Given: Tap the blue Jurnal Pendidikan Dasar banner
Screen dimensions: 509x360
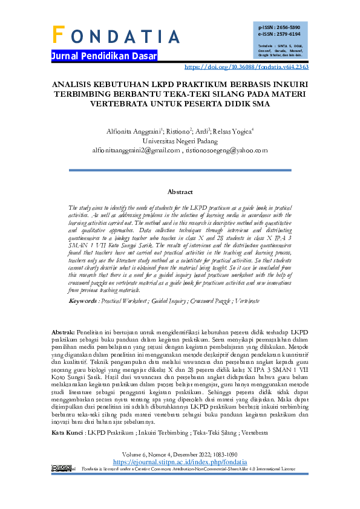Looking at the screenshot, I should click(x=104, y=57).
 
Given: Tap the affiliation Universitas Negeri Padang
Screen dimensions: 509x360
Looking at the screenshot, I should click(x=180, y=140).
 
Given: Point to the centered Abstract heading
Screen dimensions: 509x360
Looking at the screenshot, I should click(x=180, y=192).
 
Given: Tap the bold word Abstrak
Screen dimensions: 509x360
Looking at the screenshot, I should click(x=63, y=332).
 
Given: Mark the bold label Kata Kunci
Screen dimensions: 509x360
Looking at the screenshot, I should click(x=67, y=433).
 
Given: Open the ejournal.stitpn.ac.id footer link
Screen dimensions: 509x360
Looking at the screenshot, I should click(x=180, y=461).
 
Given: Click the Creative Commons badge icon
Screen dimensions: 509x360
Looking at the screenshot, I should click(x=63, y=468).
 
